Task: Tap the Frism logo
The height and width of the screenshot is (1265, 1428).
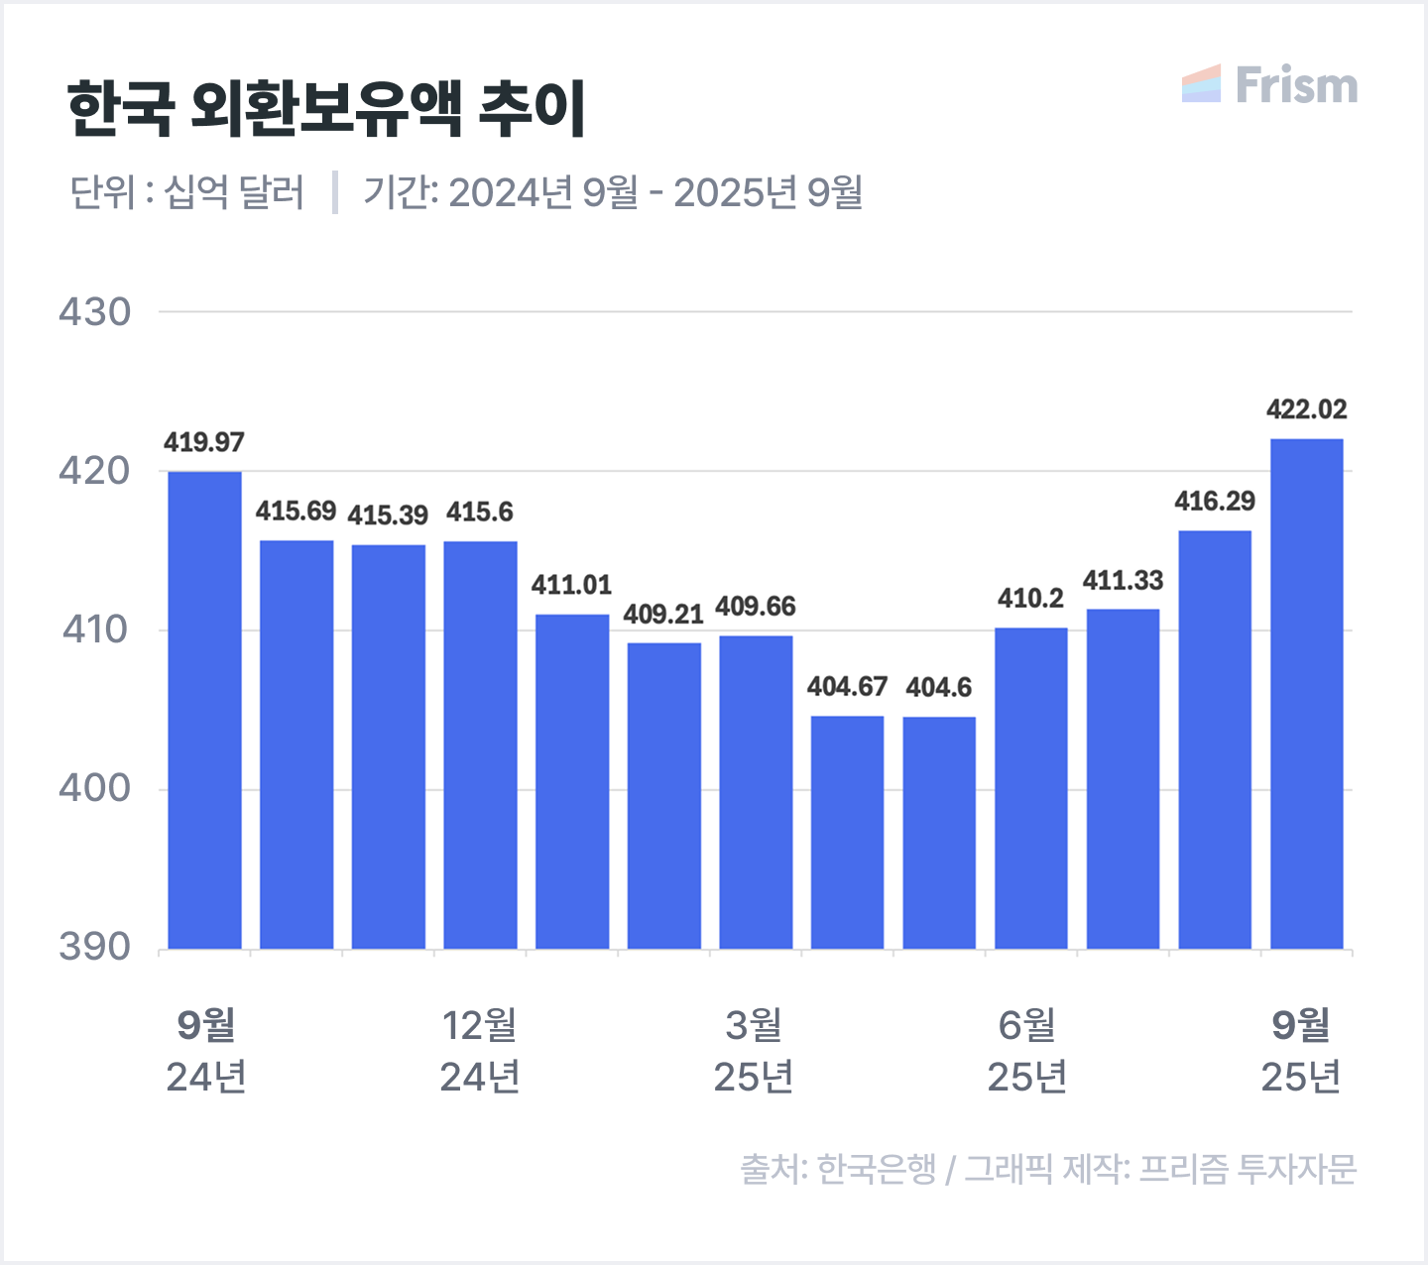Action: [1269, 85]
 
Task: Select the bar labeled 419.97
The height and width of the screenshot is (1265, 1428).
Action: [204, 710]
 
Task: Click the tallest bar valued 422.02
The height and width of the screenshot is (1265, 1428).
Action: [1307, 694]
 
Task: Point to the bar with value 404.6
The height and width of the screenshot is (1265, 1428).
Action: [939, 833]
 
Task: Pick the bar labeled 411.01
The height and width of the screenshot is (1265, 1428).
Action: [572, 781]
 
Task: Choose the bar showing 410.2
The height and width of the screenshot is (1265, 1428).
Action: [1031, 788]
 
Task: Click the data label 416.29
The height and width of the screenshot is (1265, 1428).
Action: [1215, 502]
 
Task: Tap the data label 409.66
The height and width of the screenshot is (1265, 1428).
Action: [756, 606]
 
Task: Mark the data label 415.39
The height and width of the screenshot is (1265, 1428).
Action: [388, 516]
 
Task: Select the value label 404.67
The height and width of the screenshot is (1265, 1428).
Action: [847, 686]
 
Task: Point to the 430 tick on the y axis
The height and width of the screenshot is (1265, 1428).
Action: [94, 312]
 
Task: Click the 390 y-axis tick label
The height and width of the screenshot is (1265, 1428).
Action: [94, 948]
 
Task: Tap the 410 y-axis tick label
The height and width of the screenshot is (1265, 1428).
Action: [94, 630]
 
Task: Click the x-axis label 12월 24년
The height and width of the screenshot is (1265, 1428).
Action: [480, 1051]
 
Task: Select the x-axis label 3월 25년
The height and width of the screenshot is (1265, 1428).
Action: [754, 1051]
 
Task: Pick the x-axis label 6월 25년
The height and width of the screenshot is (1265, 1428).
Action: [1027, 1051]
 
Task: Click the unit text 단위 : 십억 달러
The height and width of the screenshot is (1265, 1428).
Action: [186, 192]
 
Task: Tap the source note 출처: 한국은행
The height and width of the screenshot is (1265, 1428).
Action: [838, 1169]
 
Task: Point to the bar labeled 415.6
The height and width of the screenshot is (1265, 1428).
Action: [480, 745]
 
